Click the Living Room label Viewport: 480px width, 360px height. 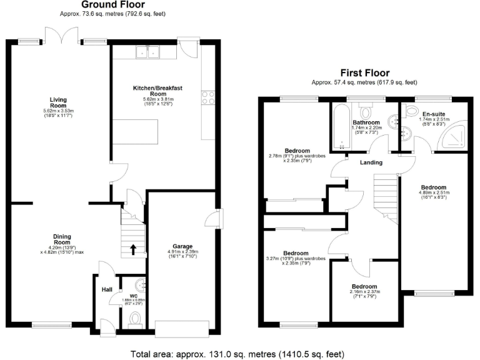click(x=58, y=102)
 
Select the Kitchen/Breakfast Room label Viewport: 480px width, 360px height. click(x=157, y=91)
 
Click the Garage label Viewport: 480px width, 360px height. click(x=182, y=246)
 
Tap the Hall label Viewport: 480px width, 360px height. click(x=106, y=289)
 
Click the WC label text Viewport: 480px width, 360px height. click(x=132, y=295)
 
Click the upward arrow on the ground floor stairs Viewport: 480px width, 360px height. click(x=132, y=250)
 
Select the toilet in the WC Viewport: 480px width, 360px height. click(x=133, y=320)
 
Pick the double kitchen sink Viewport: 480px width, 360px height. click(x=147, y=54)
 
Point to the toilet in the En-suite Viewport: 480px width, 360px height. click(x=412, y=111)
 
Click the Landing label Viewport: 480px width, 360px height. click(x=371, y=162)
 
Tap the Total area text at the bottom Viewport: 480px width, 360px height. click(x=240, y=354)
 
